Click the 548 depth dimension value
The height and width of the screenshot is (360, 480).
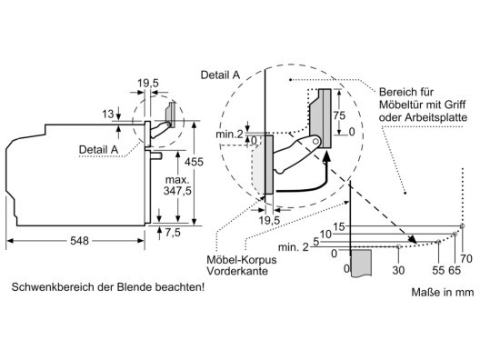point(79,241)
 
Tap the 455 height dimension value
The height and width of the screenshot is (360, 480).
point(194,162)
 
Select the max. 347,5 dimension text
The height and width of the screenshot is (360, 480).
point(177,185)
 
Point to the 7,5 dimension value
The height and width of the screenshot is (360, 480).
point(173,233)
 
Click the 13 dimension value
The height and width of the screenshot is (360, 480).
point(108,114)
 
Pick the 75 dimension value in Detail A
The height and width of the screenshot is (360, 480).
point(339,115)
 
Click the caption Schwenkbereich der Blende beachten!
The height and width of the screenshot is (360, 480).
point(108,287)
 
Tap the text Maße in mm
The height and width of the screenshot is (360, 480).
point(443,292)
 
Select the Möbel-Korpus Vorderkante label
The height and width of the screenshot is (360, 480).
point(242,265)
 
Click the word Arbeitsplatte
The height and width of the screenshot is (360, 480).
point(436,117)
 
